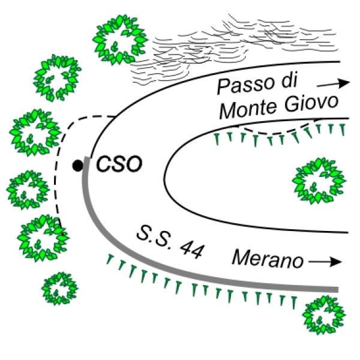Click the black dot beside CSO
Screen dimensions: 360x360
click(x=77, y=165)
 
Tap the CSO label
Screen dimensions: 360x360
click(x=119, y=164)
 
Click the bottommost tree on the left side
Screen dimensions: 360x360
click(x=60, y=289)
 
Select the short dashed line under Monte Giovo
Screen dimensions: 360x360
click(x=282, y=128)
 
